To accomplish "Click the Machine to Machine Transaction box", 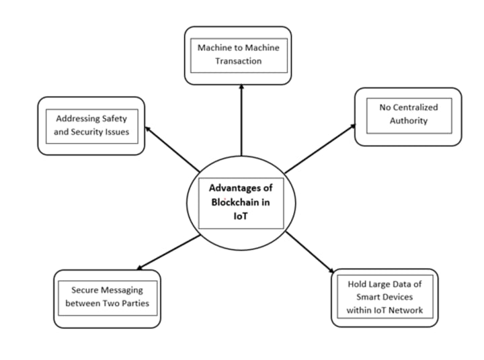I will pos(238,55).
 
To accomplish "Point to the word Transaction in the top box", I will pos(238,61).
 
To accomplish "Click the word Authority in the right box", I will pos(408,122).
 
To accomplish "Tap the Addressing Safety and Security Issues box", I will pos(91,126).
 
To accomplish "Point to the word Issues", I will pos(116,132).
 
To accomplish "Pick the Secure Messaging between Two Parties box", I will pos(107,298).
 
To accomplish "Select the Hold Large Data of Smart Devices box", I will pos(385,298).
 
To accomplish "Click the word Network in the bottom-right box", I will pos(409,310).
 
